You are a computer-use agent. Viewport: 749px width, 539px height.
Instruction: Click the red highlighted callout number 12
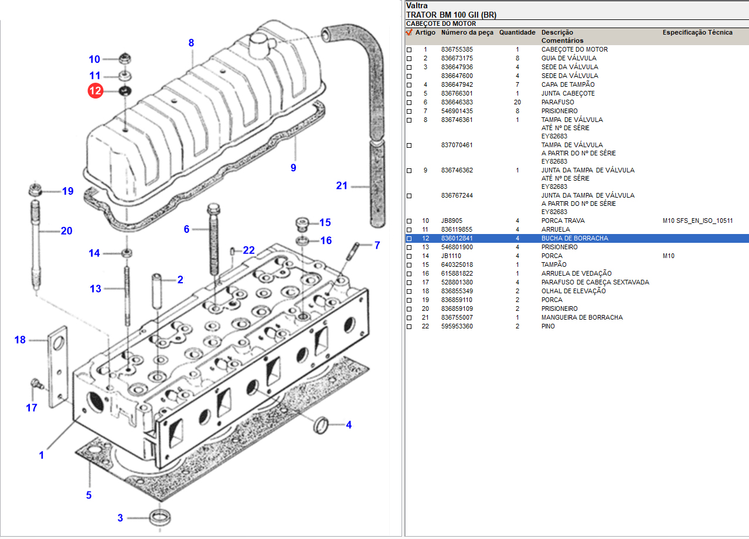pos(95,91)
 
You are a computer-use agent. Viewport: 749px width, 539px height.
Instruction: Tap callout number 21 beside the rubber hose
pos(342,186)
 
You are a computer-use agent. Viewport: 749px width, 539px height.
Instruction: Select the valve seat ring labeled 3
pos(159,518)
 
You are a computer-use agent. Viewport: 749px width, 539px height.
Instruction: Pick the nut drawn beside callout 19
pos(35,190)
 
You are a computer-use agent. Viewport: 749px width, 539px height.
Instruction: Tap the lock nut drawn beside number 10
pos(124,59)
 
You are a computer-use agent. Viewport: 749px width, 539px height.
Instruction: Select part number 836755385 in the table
pos(457,49)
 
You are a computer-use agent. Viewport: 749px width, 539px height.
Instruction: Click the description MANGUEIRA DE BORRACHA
pos(581,317)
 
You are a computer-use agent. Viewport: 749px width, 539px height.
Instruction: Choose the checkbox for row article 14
pos(409,256)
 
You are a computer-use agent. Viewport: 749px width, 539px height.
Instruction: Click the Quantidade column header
pos(517,32)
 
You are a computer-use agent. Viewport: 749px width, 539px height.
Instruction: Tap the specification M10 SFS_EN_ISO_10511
pos(697,221)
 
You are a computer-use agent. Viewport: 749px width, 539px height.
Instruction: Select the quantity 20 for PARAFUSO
pos(517,102)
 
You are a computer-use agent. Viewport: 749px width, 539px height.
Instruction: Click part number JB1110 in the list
pos(451,256)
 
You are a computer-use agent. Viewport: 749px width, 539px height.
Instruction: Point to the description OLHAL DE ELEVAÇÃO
pos(573,291)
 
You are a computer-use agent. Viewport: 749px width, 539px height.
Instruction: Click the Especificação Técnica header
pos(697,32)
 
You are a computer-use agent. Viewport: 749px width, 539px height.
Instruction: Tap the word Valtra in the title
pos(416,5)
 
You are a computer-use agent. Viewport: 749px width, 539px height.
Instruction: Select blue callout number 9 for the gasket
pos(293,168)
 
